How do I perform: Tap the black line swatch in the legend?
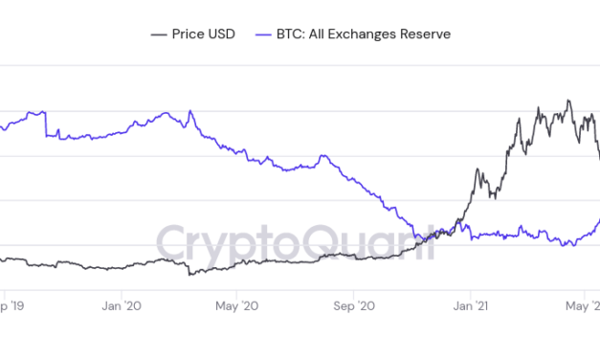click(x=159, y=34)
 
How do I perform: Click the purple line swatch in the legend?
click(x=265, y=34)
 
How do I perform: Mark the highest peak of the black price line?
click(x=568, y=100)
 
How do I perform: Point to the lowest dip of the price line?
click(x=189, y=275)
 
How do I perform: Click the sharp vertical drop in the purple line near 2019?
click(x=46, y=125)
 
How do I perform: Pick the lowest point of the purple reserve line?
click(x=571, y=246)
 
